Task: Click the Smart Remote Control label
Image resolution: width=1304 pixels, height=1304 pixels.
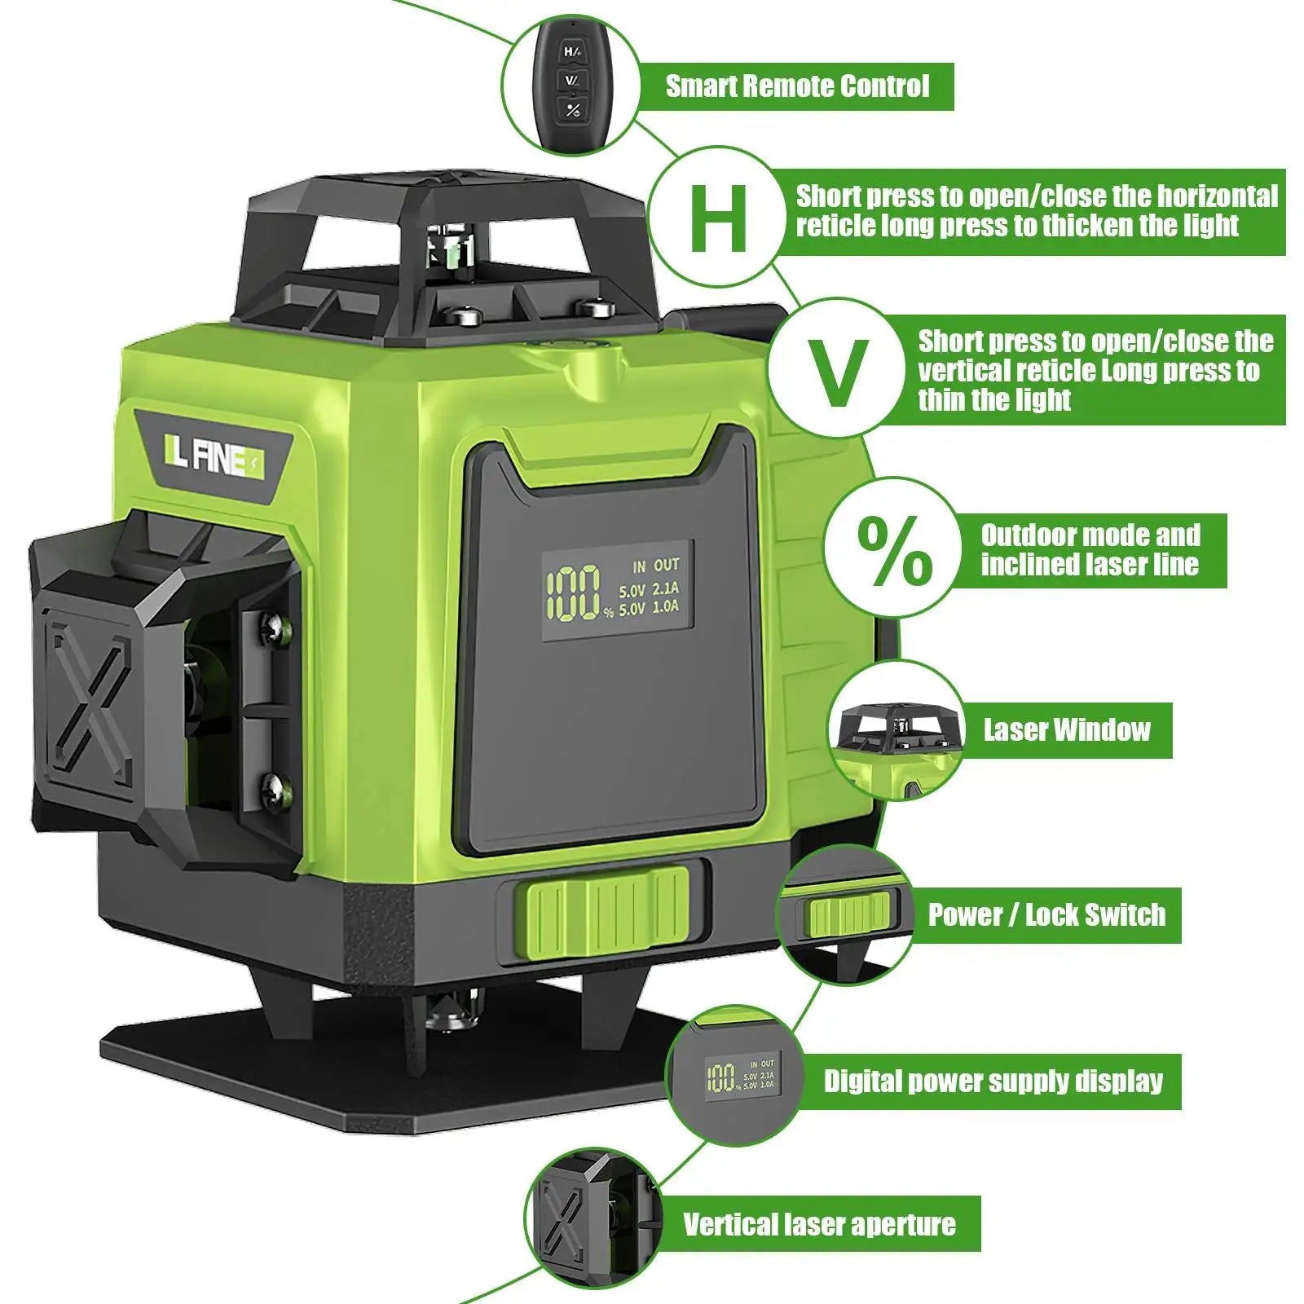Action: [x=797, y=86]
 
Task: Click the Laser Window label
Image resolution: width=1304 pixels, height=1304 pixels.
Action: [x=1066, y=730]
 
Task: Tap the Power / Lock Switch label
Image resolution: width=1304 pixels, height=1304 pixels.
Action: [x=1046, y=915]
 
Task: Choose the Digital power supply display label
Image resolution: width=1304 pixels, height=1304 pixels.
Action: [x=993, y=1082]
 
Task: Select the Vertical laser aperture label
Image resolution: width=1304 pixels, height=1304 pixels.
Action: [x=819, y=1224]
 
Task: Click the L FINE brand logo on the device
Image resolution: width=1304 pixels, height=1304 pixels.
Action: [x=214, y=458]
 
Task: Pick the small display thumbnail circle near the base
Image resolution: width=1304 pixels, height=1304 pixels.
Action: [x=733, y=1077]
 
